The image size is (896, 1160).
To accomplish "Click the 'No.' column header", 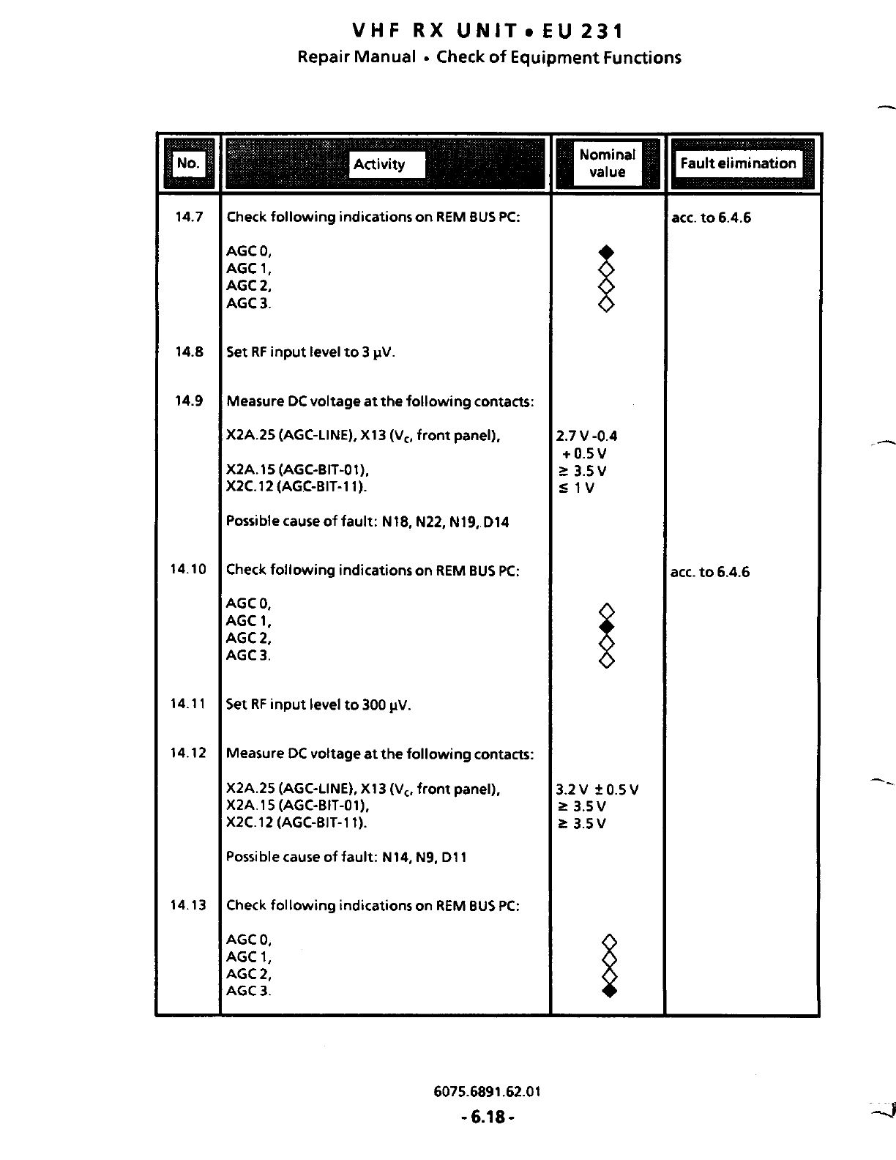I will coord(188,163).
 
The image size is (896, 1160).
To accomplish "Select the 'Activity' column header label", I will coord(379,164).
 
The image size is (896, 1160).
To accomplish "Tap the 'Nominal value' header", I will coord(607,163).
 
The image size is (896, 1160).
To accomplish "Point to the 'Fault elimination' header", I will coord(738,163).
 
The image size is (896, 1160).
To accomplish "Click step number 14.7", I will coord(189,217).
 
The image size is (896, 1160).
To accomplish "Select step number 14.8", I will coord(189,352).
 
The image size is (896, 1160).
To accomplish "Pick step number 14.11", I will coord(187,704).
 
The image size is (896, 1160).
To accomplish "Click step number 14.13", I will coord(187,905).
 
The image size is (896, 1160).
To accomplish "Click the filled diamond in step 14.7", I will coord(606,252).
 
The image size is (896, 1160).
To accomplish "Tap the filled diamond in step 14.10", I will coord(606,627).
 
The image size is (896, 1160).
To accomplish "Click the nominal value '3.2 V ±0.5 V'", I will coord(597,789).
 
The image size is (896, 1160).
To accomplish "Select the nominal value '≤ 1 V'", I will coord(576,488).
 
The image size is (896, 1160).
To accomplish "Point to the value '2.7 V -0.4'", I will coord(586,436).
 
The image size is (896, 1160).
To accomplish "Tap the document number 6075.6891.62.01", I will coord(487,1091).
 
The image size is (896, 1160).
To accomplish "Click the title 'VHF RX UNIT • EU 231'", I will coord(488,31).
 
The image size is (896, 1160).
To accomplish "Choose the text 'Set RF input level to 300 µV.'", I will coord(318,704).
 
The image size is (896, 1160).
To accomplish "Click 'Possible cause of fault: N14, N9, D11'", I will coord(346,857).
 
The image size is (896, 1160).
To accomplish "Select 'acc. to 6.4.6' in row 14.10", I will coord(709,572).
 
